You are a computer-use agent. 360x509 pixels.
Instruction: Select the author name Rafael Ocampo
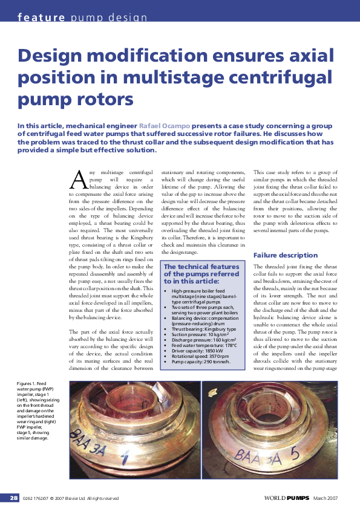click(x=163, y=125)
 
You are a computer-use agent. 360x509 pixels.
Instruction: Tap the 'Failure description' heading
click(x=285, y=255)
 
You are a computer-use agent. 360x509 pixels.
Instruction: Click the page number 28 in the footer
click(x=13, y=498)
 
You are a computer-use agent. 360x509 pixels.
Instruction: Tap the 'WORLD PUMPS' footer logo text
click(x=286, y=498)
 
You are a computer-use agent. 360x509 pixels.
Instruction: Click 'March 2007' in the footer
click(x=326, y=498)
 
